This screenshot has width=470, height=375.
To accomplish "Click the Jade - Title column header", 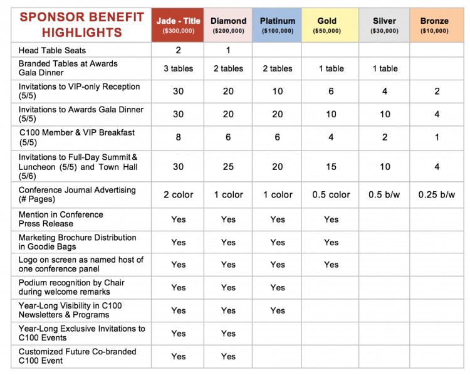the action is click(x=178, y=25).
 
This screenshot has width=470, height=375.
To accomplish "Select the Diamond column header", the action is click(x=228, y=25).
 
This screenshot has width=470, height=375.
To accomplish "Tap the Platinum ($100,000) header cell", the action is click(x=277, y=25).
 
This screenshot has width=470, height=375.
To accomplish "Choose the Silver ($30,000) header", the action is click(x=384, y=25).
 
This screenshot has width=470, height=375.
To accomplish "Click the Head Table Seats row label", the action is click(x=52, y=50).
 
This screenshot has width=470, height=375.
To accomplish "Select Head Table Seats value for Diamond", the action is click(x=228, y=50).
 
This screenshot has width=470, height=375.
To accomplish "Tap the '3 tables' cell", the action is click(x=179, y=69).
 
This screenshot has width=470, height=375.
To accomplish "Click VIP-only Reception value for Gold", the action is click(x=331, y=91).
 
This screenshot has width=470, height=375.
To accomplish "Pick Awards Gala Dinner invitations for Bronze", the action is click(x=437, y=114).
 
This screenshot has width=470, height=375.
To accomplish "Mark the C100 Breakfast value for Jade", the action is click(x=179, y=137).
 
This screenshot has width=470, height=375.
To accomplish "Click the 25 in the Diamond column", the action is click(x=228, y=167).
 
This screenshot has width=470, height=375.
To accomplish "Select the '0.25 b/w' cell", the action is click(x=437, y=194).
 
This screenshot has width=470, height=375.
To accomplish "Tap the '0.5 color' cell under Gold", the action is click(x=332, y=194).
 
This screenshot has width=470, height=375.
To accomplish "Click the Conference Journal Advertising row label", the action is click(x=77, y=194).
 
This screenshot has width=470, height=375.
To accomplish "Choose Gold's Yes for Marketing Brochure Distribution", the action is click(x=332, y=243).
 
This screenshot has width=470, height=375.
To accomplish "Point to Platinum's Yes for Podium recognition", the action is click(x=278, y=288).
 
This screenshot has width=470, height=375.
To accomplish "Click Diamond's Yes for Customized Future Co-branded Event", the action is click(x=228, y=356).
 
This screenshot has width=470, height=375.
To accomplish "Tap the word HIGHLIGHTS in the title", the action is click(x=82, y=33).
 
